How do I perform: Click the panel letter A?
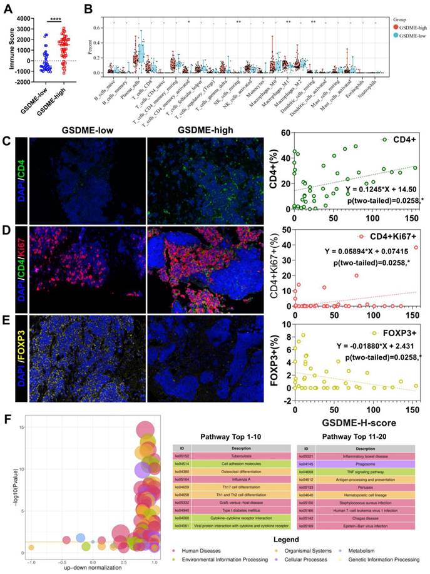[x=8, y=8]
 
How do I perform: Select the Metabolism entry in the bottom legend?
[x=371, y=553]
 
